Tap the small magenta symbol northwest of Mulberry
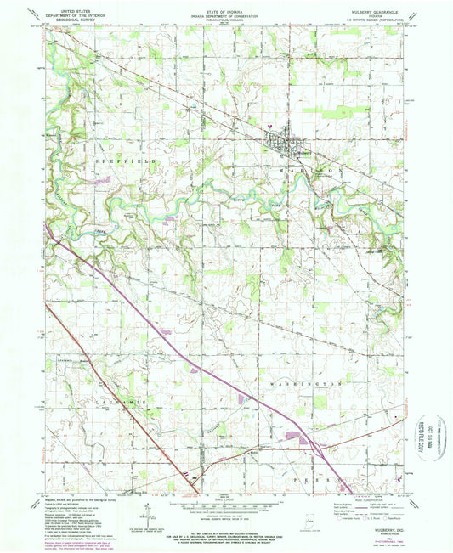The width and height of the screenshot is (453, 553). point(270,125)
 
